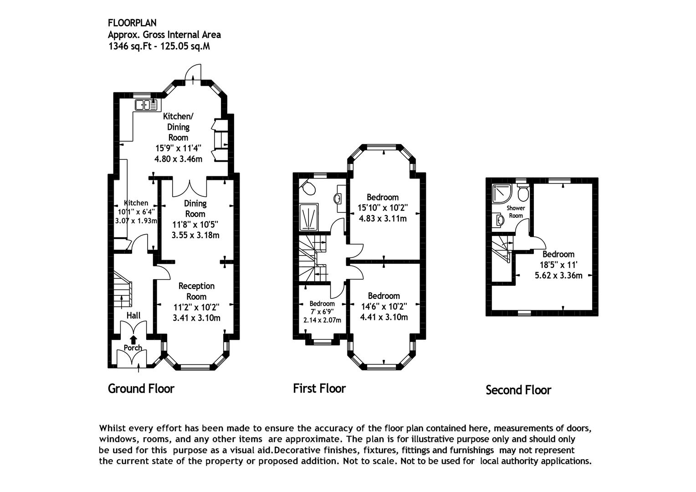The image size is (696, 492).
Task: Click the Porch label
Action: (x=133, y=348)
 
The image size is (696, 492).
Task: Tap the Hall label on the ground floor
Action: (x=133, y=315)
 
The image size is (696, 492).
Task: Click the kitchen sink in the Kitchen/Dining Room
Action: (x=146, y=105)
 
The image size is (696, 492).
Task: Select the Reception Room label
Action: (x=196, y=291)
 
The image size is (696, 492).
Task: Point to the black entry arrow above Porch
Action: (x=133, y=339)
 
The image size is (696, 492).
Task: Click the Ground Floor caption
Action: (x=141, y=389)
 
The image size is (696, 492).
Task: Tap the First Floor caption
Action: (x=319, y=388)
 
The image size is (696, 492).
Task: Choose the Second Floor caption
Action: (x=518, y=390)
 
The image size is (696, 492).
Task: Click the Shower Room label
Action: (x=516, y=212)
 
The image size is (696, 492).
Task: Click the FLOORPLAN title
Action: (x=132, y=23)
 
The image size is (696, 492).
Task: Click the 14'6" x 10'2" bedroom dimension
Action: (x=384, y=307)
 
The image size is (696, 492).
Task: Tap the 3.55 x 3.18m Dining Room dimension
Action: (x=195, y=235)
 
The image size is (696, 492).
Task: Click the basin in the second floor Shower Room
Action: (x=500, y=220)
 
